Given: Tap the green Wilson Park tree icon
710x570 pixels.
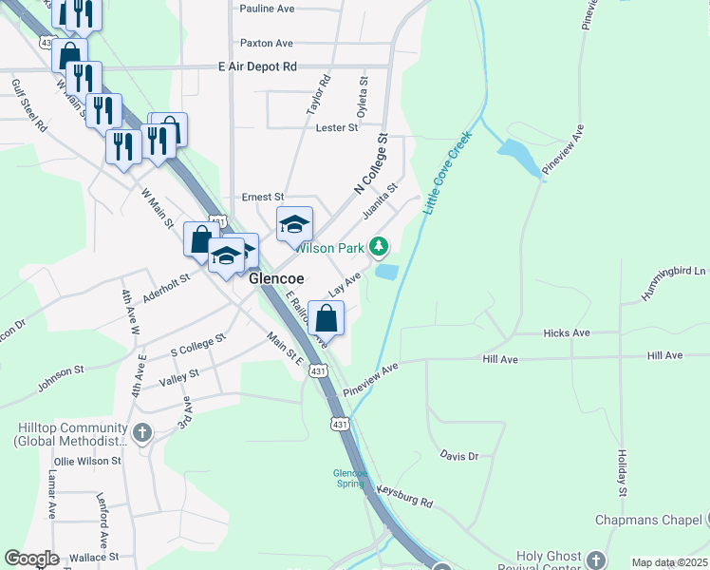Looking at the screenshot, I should [379, 248].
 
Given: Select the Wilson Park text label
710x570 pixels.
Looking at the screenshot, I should [329, 248].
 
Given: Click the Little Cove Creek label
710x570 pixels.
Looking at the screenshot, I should [446, 172].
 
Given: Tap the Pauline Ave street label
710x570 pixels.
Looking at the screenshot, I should [268, 9].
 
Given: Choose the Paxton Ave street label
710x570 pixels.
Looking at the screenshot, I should [267, 44].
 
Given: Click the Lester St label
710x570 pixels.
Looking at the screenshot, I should [336, 127].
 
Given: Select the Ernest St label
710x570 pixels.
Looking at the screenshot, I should [263, 197].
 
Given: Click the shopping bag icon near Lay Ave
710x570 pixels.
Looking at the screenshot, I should [326, 318].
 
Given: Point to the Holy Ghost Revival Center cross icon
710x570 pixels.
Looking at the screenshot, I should [595, 560].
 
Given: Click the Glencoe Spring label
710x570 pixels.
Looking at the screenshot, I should [349, 478].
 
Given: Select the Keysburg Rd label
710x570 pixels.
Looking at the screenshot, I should [404, 495].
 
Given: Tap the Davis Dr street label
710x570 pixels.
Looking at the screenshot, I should [459, 457].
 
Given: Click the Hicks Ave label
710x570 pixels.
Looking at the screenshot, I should [567, 333].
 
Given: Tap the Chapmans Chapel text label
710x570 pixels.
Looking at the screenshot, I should [648, 521].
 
